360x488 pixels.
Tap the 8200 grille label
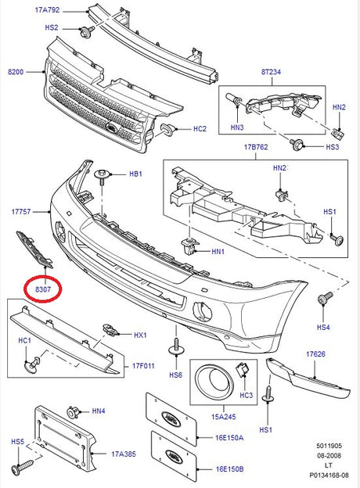pos(16,72)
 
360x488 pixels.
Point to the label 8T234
pos(271,72)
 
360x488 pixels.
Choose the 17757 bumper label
pos(21,211)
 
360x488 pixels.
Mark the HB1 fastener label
pos(135,175)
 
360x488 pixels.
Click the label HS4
pos(323,327)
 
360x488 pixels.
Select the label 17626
pos(315,354)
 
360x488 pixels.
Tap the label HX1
pos(140,335)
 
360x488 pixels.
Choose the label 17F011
pos(143,364)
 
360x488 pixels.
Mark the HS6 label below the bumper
pos(175,375)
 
